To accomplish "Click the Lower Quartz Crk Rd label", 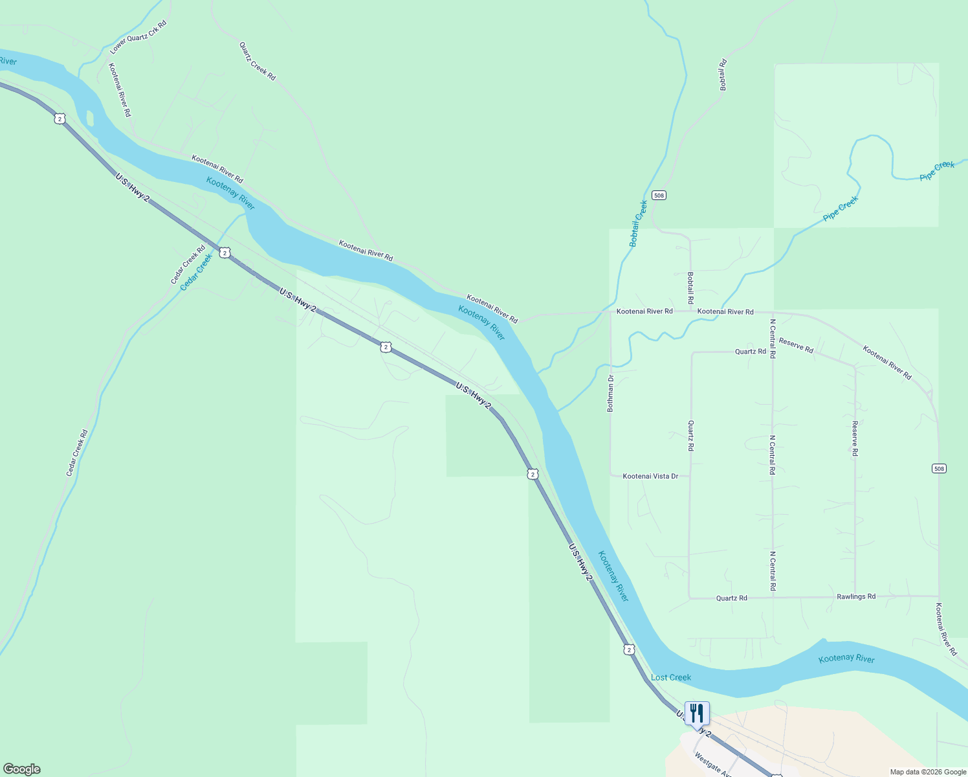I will pyautogui.click(x=138, y=37).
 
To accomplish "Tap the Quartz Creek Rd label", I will pyautogui.click(x=258, y=62).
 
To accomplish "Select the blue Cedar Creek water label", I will pyautogui.click(x=197, y=272).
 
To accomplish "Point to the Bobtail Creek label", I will pyautogui.click(x=638, y=223).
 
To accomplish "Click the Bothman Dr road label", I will pyautogui.click(x=610, y=393).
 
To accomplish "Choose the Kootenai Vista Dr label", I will pyautogui.click(x=650, y=477).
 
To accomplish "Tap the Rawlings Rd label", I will pyautogui.click(x=855, y=596).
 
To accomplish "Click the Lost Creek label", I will pyautogui.click(x=671, y=677).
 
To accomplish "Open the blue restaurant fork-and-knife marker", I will pyautogui.click(x=697, y=714).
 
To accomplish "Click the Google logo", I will pyautogui.click(x=21, y=769).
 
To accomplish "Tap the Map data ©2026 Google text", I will pyautogui.click(x=927, y=772).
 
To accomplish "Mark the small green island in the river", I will pyautogui.click(x=89, y=118).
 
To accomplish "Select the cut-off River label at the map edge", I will pyautogui.click(x=8, y=62).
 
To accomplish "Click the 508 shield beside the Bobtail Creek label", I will pyautogui.click(x=659, y=195).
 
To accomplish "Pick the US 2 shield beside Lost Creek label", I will pyautogui.click(x=629, y=649).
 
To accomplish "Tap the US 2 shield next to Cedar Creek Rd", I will pyautogui.click(x=224, y=253).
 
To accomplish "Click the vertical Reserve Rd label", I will pyautogui.click(x=855, y=438).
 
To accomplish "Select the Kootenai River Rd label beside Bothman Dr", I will pyautogui.click(x=644, y=311).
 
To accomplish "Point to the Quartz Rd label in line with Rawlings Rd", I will pyautogui.click(x=731, y=598).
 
